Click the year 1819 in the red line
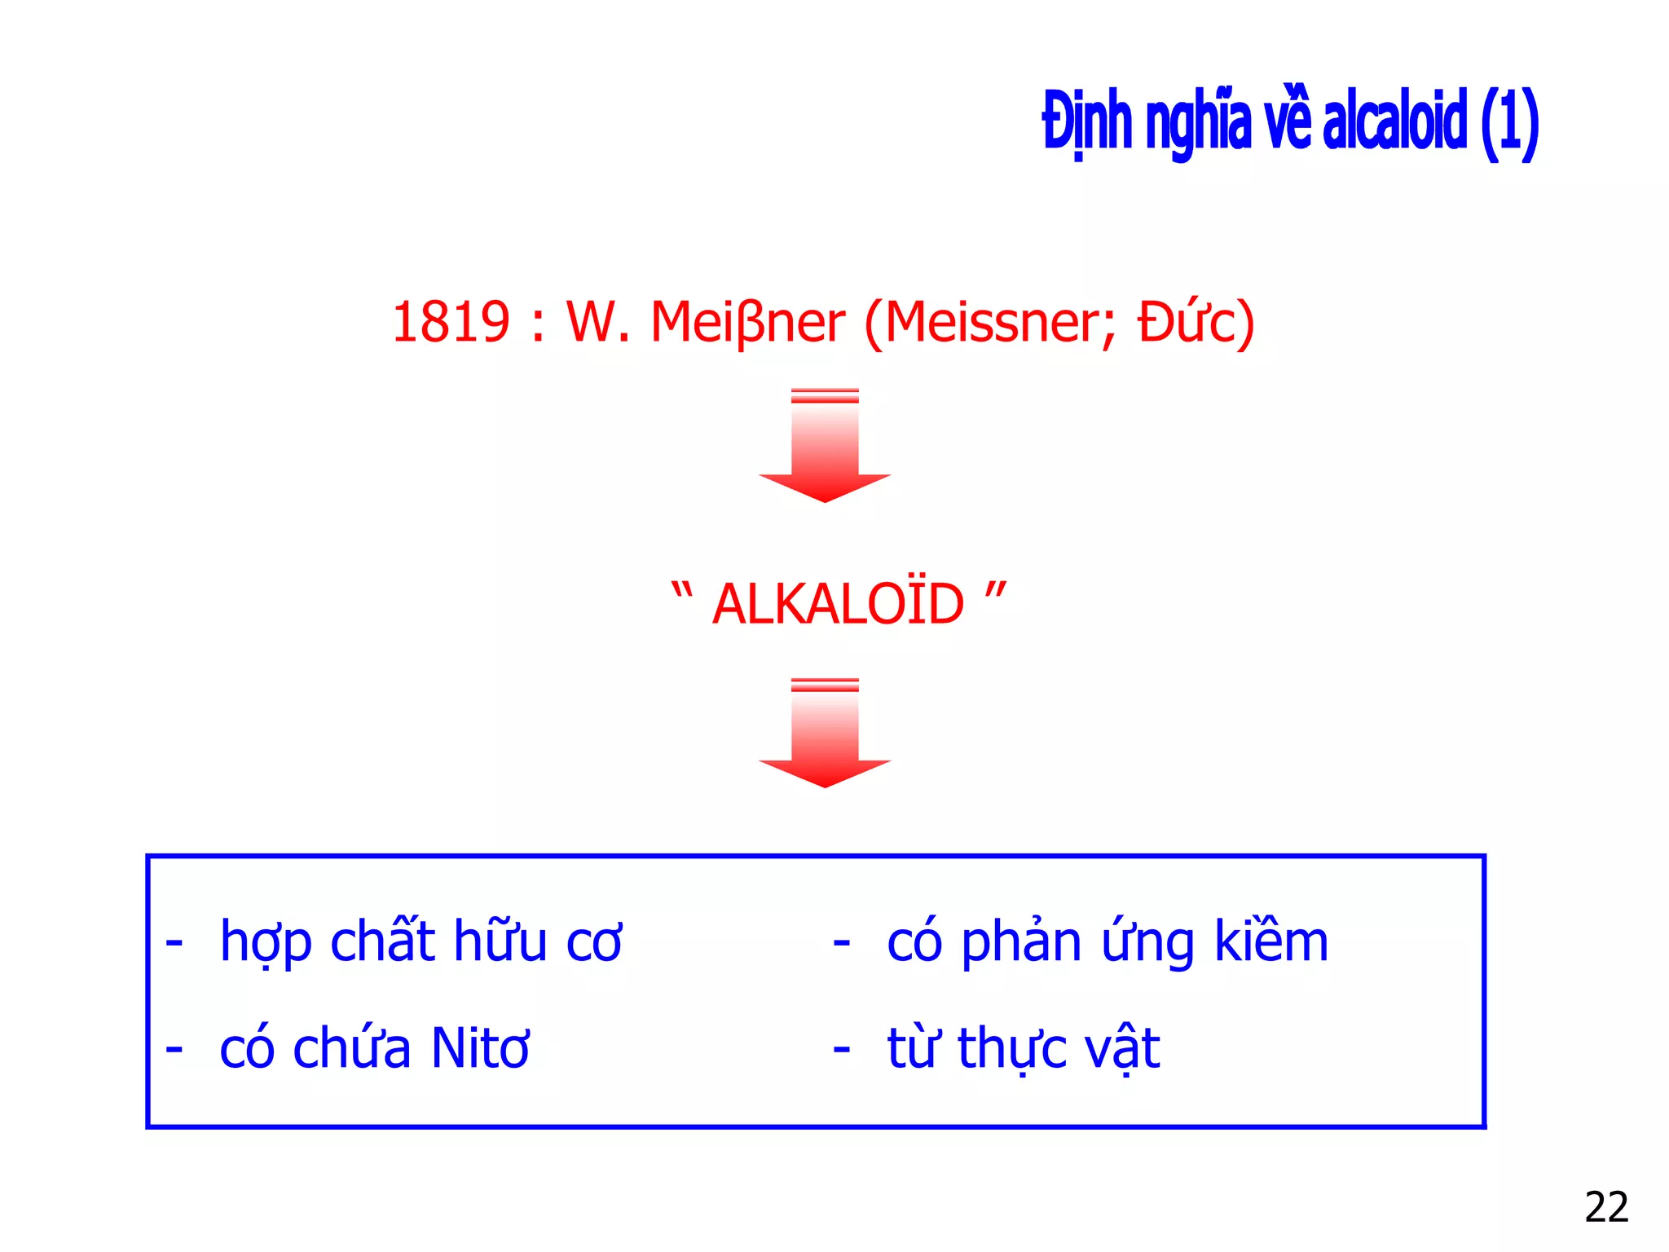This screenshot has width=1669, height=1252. click(451, 322)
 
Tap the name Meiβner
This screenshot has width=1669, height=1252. click(747, 324)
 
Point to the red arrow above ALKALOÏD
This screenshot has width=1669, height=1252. click(825, 447)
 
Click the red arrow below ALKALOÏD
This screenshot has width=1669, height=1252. click(825, 733)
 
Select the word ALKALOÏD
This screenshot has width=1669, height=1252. click(838, 605)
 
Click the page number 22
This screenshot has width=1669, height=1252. click(1606, 1207)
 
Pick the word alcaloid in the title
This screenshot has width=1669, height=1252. click(1394, 122)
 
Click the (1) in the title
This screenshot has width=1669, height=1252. click(1510, 124)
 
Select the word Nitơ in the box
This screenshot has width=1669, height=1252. click(480, 1048)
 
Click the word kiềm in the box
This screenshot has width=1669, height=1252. click(1271, 941)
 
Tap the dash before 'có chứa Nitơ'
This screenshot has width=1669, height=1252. click(174, 1049)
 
